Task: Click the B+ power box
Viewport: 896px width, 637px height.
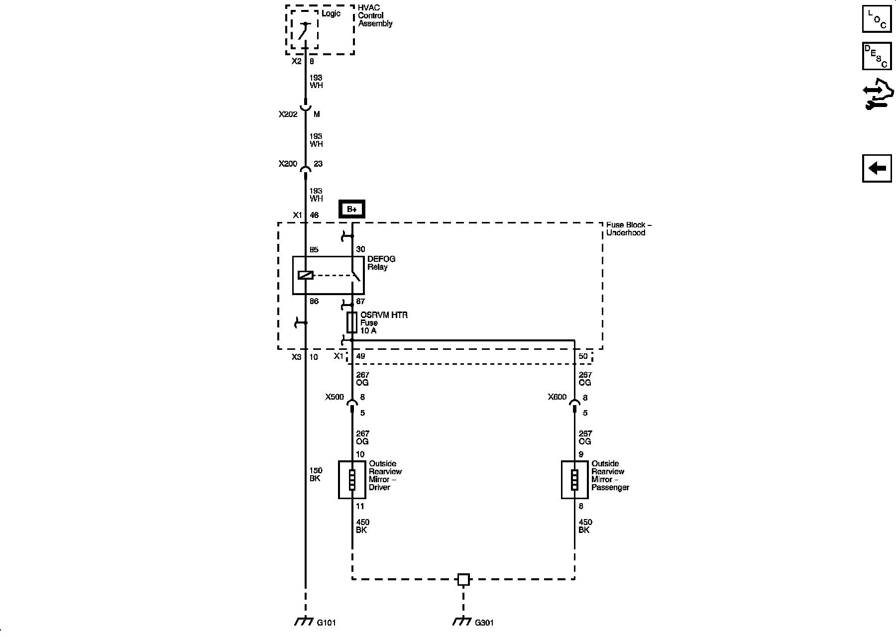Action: click(x=352, y=209)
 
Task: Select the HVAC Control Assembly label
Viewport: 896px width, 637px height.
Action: click(x=375, y=16)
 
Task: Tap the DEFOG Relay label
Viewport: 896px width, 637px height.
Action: click(x=381, y=263)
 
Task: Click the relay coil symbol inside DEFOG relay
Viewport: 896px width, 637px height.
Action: click(x=305, y=275)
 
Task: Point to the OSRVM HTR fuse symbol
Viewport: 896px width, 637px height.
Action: click(x=352, y=322)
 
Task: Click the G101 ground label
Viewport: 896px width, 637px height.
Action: click(x=327, y=623)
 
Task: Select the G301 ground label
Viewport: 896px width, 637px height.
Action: click(x=484, y=623)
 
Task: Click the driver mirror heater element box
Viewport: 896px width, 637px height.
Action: click(x=352, y=480)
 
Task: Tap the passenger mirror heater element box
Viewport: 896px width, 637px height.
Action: click(x=574, y=480)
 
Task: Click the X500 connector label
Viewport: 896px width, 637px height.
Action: click(x=335, y=397)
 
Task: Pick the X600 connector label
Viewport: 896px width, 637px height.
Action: click(x=557, y=397)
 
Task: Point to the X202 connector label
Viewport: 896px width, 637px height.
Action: click(x=288, y=114)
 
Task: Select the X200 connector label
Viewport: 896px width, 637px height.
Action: click(x=288, y=164)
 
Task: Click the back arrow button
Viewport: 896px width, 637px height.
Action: click(x=877, y=168)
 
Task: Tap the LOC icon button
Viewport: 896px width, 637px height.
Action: click(x=877, y=19)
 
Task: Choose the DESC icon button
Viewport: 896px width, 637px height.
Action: click(x=877, y=56)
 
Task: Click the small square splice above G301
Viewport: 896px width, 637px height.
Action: click(x=463, y=579)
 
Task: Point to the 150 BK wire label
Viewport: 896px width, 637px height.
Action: click(x=316, y=474)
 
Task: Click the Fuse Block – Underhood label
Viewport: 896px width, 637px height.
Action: click(x=629, y=229)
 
